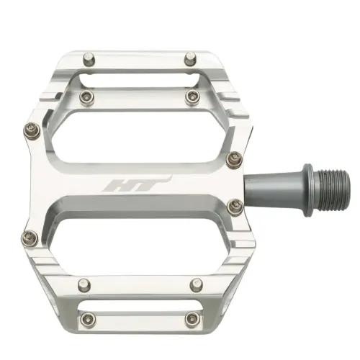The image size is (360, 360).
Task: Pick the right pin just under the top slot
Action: coord(189,96)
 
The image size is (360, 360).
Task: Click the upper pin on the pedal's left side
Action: coord(31,130)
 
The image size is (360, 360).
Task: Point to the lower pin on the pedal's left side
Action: coord(31,234)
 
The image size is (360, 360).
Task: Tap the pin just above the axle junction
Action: coord(232,160)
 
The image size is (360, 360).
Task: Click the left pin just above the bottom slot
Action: coord(84,283)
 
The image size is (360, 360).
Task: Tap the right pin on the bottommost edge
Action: coord(189,320)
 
